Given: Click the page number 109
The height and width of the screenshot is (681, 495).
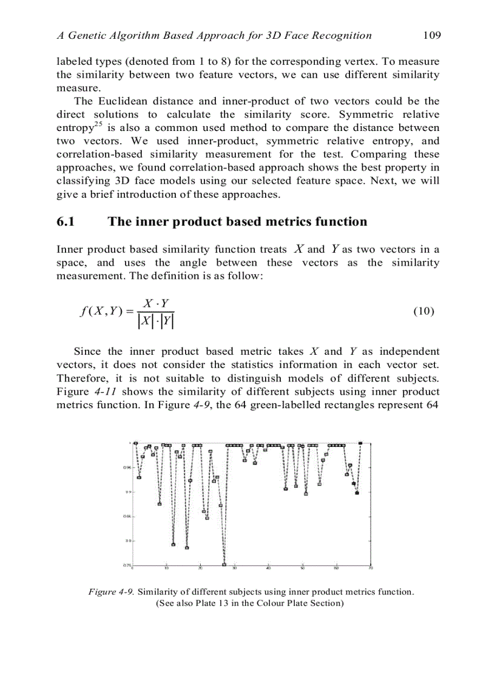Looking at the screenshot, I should click(431, 35).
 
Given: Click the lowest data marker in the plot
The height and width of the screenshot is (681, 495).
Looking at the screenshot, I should click(224, 565).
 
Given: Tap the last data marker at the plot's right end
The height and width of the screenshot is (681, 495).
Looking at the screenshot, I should click(361, 443).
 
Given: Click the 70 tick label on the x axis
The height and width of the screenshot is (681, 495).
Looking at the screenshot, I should click(370, 569).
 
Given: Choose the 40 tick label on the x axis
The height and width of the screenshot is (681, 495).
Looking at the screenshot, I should click(268, 569).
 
